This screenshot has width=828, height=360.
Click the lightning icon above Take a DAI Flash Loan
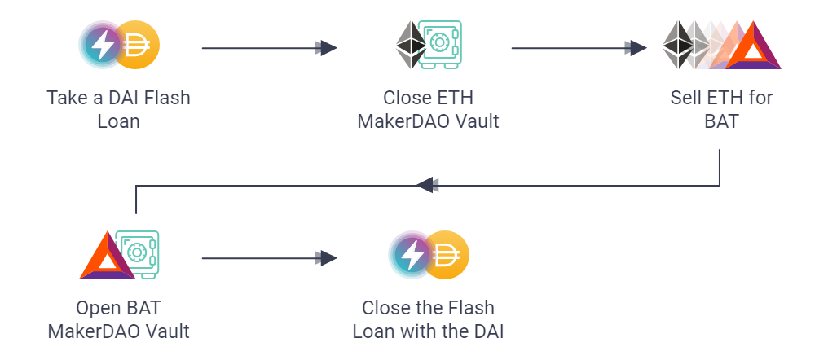click(103, 47)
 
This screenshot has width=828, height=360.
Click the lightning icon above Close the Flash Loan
click(412, 256)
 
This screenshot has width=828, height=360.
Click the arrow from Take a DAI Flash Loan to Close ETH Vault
click(269, 48)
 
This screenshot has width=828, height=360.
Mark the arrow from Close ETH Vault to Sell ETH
click(579, 48)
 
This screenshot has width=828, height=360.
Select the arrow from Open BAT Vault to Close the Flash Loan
click(269, 259)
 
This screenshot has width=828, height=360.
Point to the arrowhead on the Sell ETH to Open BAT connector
click(425, 185)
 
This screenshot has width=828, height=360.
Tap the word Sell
click(686, 99)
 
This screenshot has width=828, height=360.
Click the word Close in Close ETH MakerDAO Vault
click(405, 99)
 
